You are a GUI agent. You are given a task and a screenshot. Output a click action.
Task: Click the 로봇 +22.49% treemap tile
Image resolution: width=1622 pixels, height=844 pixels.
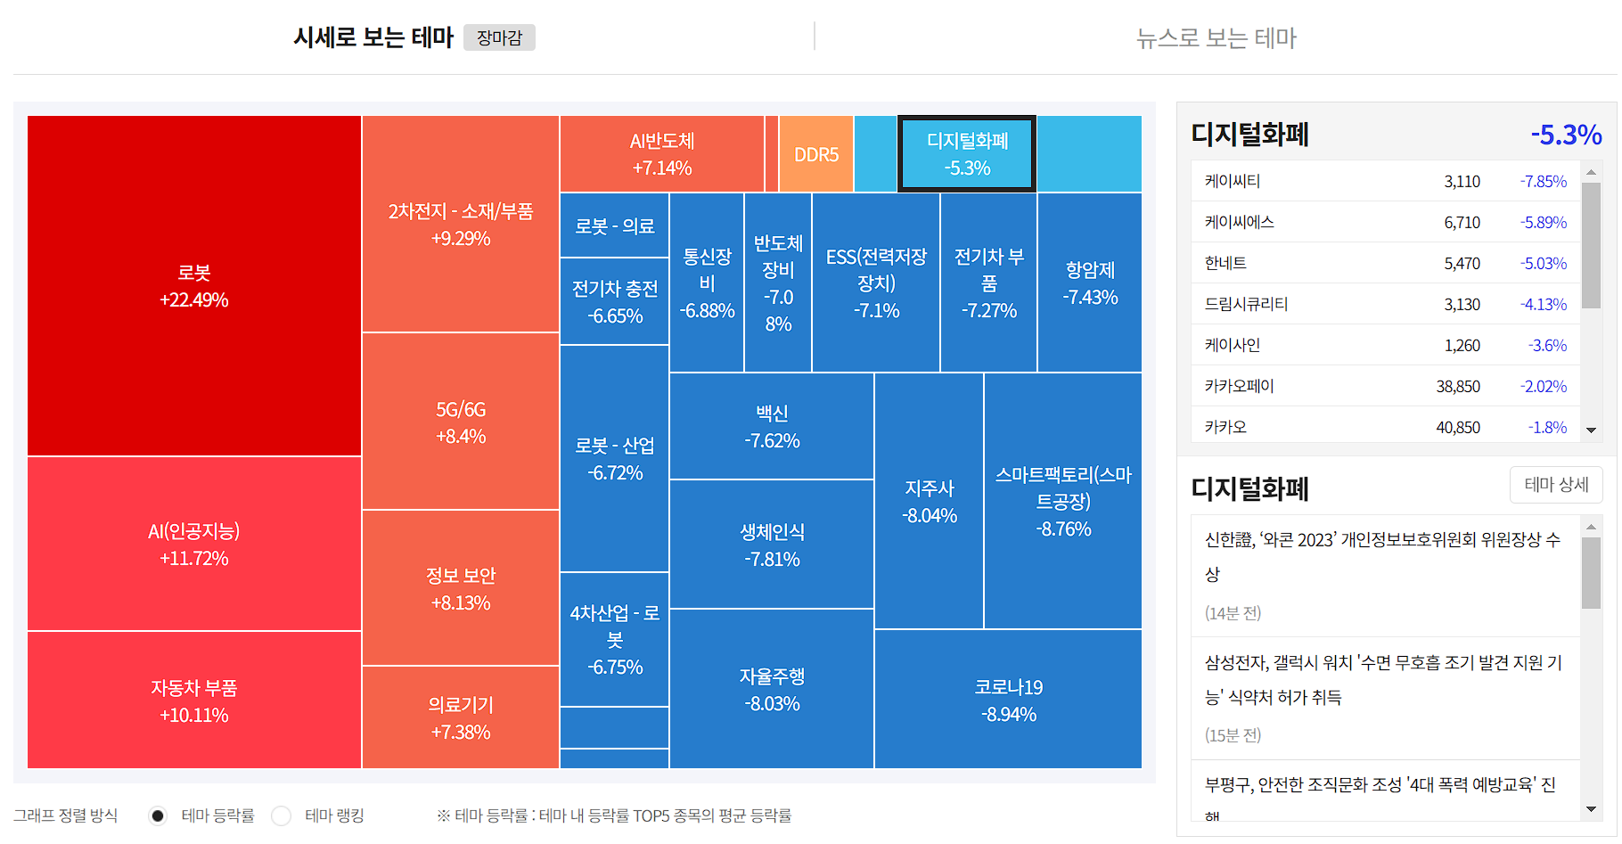click(193, 286)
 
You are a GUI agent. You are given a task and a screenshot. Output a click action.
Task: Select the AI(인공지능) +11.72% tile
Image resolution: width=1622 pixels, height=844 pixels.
click(193, 545)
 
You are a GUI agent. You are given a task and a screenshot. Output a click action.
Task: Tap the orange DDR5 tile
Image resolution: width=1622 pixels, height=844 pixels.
click(816, 154)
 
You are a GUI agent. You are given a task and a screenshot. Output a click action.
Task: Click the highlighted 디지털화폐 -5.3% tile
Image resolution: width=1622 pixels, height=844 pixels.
click(967, 154)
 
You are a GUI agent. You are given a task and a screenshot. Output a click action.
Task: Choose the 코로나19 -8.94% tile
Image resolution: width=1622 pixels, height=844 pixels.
click(1008, 700)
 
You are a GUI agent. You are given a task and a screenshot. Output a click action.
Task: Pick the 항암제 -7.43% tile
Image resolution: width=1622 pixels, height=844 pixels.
click(1089, 283)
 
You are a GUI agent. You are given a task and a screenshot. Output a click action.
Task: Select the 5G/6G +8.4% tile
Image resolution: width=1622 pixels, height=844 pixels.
click(460, 422)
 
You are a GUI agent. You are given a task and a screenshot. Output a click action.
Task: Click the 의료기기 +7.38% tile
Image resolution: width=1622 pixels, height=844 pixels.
click(460, 717)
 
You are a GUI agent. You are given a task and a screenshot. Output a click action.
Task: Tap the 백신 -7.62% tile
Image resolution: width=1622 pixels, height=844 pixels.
click(771, 426)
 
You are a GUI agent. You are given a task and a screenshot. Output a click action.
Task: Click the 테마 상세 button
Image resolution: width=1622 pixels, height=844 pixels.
click(1556, 484)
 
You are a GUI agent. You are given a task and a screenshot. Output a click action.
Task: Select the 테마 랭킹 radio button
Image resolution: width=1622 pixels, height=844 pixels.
click(282, 815)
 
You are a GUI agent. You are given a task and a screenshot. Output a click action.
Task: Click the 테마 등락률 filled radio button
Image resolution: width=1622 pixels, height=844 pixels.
click(158, 815)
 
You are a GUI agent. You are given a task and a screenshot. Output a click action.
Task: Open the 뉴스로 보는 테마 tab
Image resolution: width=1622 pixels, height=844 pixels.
click(1216, 37)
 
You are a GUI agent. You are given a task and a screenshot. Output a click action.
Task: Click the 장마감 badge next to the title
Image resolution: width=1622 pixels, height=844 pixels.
click(499, 37)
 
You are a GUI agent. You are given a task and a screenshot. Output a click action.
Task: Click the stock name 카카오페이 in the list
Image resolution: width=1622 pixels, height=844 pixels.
click(1239, 386)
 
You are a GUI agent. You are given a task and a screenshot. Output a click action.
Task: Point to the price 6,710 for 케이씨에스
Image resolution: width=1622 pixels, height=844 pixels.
click(1462, 222)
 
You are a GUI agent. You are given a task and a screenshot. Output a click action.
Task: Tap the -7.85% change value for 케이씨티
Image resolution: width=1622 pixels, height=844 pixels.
click(1543, 181)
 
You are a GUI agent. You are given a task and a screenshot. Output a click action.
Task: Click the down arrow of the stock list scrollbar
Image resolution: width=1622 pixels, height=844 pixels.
click(1591, 430)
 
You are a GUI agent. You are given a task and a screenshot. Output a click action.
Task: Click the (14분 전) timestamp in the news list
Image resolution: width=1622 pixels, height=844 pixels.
click(1233, 612)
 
